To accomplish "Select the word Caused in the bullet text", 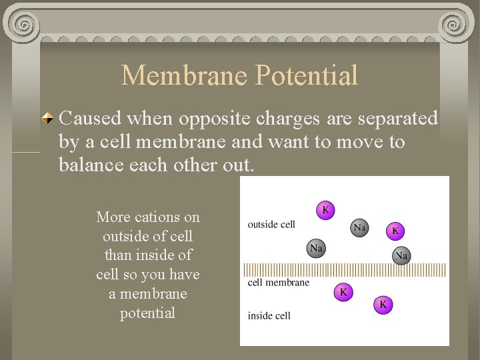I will pyautogui.click(x=89, y=119).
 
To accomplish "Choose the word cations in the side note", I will pyautogui.click(x=157, y=217).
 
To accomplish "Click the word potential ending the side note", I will pyautogui.click(x=147, y=313).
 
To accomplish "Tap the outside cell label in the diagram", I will pyautogui.click(x=271, y=224).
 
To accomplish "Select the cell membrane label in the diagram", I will pyautogui.click(x=279, y=282).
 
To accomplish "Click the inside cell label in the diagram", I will pyautogui.click(x=269, y=315).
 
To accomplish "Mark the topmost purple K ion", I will pyautogui.click(x=325, y=210).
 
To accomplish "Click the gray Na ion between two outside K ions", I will pyautogui.click(x=359, y=228).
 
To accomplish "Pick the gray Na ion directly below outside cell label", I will pyautogui.click(x=316, y=249).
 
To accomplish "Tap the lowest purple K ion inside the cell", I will pyautogui.click(x=383, y=305).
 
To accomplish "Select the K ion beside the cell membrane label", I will pyautogui.click(x=343, y=291).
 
